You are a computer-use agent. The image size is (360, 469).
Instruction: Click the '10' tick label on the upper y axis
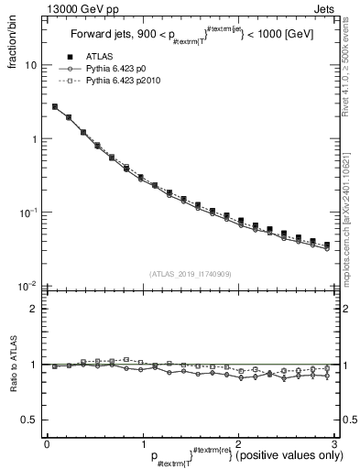30,66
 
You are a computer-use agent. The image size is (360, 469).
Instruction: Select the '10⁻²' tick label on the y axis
27,285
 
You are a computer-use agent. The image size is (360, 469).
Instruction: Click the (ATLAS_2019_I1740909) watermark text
190,274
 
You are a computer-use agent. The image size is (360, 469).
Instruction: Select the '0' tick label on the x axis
47,443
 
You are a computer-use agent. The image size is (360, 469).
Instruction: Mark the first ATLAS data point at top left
55,106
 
